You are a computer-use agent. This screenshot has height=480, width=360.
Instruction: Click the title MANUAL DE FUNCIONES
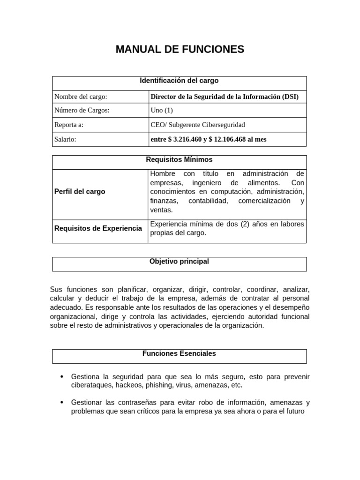180,49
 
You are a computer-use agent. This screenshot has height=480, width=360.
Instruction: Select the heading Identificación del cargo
179,81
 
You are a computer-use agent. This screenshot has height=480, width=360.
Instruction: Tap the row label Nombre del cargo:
81,97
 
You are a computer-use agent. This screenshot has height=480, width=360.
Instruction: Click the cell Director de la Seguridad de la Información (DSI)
224,97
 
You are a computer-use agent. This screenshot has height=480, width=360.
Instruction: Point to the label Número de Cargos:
82,111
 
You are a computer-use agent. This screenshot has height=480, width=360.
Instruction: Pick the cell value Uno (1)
161,111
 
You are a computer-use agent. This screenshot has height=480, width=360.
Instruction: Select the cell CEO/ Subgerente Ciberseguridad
197,125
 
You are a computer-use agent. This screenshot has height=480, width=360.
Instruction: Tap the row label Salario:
65,139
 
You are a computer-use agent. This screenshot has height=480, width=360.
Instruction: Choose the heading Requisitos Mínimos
179,160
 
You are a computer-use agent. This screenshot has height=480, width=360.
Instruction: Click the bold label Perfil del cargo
80,192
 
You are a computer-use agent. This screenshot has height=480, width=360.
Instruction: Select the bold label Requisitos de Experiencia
98,228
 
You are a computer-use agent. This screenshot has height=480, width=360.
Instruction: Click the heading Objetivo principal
179,262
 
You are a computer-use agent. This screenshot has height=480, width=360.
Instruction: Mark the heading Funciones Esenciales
179,353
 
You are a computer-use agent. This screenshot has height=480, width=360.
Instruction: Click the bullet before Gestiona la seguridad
62,377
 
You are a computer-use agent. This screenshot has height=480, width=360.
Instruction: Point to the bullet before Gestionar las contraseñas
62,403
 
